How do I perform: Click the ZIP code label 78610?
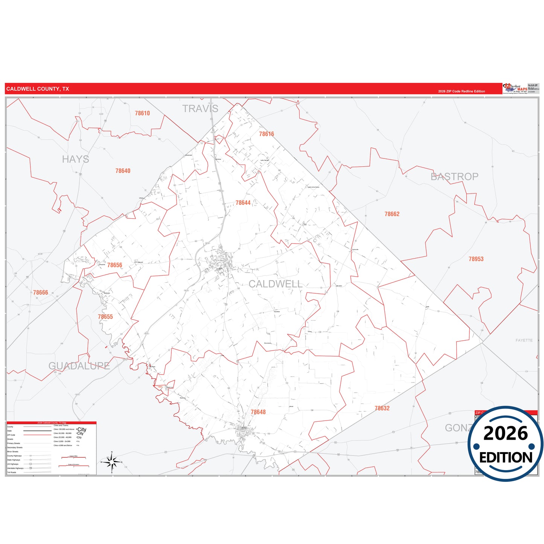point(142,113)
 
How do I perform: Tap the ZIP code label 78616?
point(267,134)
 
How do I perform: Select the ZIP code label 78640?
point(123,171)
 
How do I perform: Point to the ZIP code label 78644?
point(243,203)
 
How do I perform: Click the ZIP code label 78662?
point(392,214)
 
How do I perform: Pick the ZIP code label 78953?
point(476,259)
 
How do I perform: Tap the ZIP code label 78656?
point(114,265)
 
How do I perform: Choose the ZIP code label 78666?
point(40,293)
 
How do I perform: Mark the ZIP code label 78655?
point(105,317)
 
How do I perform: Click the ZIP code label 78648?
point(258,412)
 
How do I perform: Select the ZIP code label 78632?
point(382,408)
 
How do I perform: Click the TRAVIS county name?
point(200,109)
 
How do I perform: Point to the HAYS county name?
point(76,159)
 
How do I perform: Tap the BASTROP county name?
point(454,177)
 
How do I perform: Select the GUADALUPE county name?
point(79,366)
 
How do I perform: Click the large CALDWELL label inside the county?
point(275,284)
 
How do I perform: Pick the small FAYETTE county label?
point(524,340)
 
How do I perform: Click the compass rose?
point(112,462)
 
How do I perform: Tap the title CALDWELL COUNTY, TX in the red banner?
point(38,89)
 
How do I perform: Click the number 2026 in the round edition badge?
point(506,433)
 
